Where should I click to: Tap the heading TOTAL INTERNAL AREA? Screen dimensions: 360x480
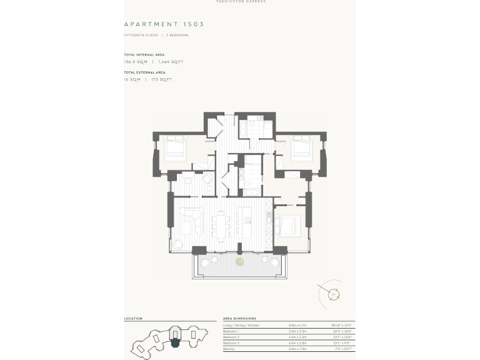pos(144,55)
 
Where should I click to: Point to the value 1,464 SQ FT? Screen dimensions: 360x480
pos(171,62)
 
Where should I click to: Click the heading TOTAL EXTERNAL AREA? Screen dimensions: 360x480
pos(144,72)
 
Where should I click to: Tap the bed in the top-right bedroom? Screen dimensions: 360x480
pos(301,147)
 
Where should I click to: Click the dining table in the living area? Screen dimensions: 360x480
pos(222,224)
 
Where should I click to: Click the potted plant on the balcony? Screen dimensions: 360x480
pos(239,262)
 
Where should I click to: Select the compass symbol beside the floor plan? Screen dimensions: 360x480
pos(333,293)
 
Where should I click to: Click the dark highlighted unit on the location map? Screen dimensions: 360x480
pos(176,341)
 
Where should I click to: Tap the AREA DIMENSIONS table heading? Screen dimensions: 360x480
pos(239,319)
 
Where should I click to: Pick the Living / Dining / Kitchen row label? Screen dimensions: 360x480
pos(241,326)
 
